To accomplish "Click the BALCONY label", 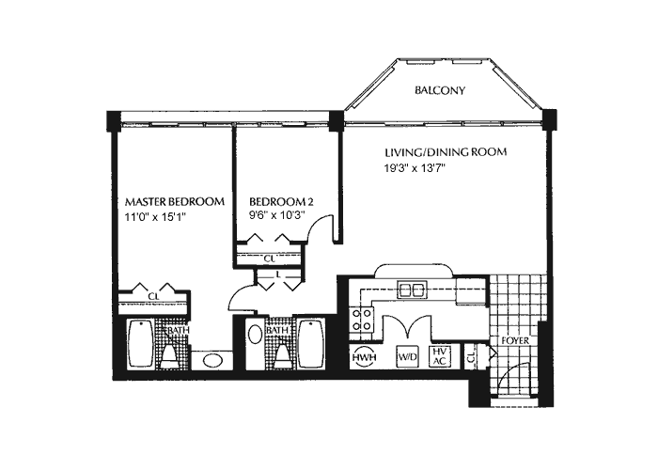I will click(442, 91).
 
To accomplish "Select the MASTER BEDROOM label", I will click(175, 202).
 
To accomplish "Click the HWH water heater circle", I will click(363, 357).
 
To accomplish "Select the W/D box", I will click(408, 357).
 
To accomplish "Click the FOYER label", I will click(513, 340).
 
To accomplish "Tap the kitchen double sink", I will click(411, 290).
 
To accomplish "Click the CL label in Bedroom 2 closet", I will click(269, 258).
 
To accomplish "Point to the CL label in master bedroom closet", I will click(153, 297).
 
